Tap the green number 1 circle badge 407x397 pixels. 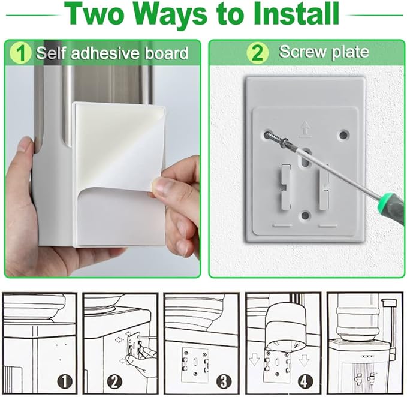[x=20, y=53]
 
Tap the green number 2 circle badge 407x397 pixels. [x=257, y=53]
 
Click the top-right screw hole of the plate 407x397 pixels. [x=343, y=134]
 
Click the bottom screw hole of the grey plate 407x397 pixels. [x=306, y=215]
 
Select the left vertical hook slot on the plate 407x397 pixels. [x=285, y=187]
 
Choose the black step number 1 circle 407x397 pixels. [x=65, y=381]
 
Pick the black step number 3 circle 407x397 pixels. [x=224, y=381]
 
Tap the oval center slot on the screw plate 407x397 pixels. [x=306, y=157]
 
